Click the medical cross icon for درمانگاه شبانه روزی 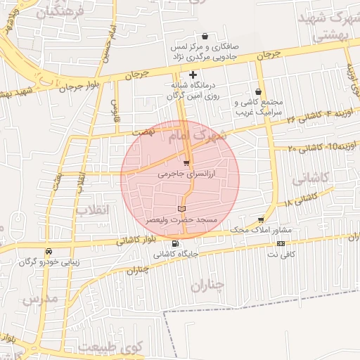[x=193, y=75]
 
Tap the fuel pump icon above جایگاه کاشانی [x=175, y=244]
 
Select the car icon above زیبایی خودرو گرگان [x=49, y=251]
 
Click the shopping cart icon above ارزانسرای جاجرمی [x=186, y=163]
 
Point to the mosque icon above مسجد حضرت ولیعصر [x=182, y=209]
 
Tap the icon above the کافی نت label [x=281, y=243]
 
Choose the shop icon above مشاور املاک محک [x=262, y=220]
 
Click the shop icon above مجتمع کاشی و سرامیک [x=259, y=91]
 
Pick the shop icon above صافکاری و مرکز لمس [x=205, y=37]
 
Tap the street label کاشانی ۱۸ [x=300, y=201]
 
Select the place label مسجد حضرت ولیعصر [x=182, y=220]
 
